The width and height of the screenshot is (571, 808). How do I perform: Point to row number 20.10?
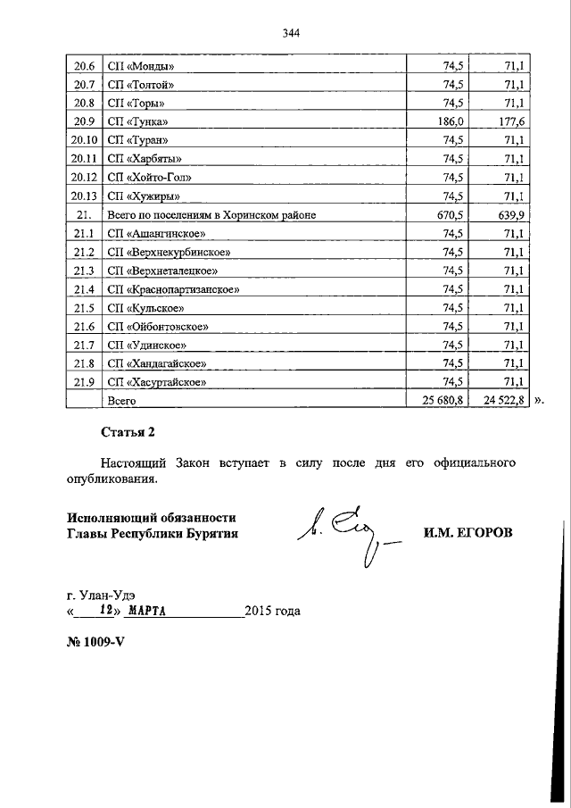[x=84, y=140]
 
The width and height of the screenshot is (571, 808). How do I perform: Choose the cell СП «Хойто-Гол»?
[x=148, y=178]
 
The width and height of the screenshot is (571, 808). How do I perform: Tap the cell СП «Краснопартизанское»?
[x=173, y=289]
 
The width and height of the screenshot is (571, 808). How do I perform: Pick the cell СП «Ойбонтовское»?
[x=159, y=327]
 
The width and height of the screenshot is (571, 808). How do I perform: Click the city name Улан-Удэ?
[x=107, y=596]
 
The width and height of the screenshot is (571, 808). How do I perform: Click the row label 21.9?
[x=84, y=383]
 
